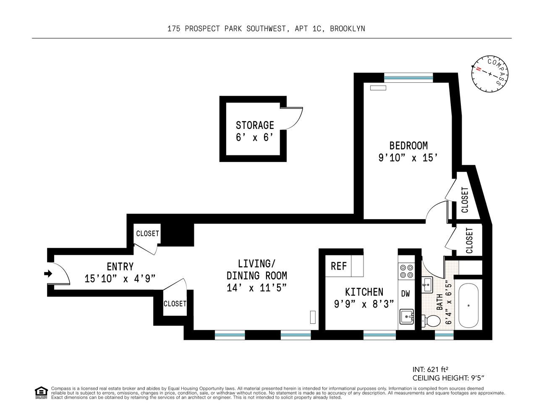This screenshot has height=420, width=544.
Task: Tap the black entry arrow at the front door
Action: [48, 274]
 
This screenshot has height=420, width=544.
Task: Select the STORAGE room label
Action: [255, 125]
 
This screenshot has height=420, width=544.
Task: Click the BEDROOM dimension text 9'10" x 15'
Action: [408, 158]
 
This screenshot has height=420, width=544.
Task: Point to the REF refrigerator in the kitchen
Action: [339, 266]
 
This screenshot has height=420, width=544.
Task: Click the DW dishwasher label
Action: [405, 294]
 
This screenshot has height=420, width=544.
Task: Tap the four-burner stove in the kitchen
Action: [406, 271]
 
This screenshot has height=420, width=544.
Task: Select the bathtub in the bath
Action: [468, 305]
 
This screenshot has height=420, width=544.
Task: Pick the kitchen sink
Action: [406, 316]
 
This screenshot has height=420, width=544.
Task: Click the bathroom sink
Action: [427, 284]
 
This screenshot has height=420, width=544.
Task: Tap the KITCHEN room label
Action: [364, 292]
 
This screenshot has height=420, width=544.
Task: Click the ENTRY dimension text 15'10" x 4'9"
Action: [120, 278]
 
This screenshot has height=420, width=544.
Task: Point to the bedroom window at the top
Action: [408, 77]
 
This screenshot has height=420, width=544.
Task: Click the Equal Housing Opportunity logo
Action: [41, 393]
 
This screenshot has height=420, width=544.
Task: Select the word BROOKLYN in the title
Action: [347, 29]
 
